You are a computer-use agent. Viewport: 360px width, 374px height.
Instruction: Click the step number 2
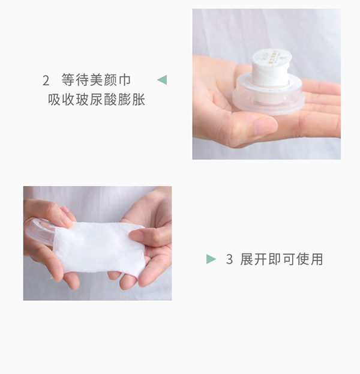[x=46, y=80]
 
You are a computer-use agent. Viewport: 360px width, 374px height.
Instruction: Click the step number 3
[x=229, y=259]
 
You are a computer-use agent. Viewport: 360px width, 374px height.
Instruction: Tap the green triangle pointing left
[x=161, y=79]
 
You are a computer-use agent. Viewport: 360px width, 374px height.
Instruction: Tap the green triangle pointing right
[x=211, y=259]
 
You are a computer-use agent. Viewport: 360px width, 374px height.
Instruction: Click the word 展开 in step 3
[x=252, y=259]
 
